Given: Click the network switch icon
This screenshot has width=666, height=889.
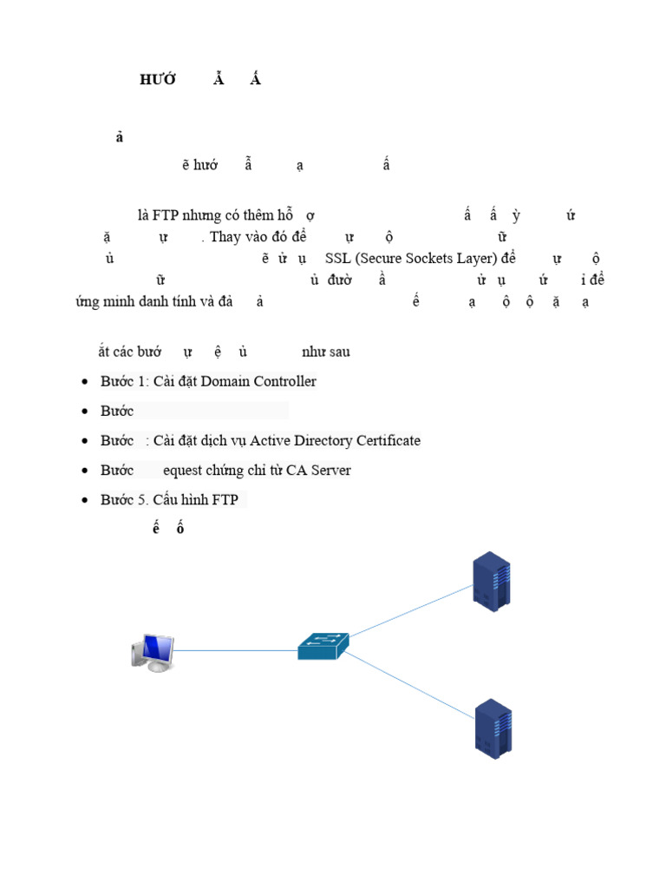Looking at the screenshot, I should click(x=323, y=646).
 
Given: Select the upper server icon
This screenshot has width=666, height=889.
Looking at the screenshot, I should click(x=491, y=579).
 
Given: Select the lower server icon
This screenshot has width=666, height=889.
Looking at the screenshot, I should click(x=493, y=728).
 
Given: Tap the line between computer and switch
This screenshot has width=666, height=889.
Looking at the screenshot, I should click(x=234, y=649).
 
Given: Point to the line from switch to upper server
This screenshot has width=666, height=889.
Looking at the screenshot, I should click(x=408, y=612).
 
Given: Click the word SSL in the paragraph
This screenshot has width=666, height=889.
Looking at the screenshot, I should click(x=338, y=259).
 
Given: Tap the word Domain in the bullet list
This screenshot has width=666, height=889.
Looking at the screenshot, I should click(x=226, y=381).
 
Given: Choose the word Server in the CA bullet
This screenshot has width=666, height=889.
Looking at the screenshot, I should click(x=330, y=470).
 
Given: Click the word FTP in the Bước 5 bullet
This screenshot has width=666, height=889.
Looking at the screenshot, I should click(x=225, y=499).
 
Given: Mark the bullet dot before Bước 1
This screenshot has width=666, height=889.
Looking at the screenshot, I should click(x=84, y=382).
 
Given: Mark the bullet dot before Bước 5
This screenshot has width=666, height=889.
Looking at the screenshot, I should click(x=84, y=500).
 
